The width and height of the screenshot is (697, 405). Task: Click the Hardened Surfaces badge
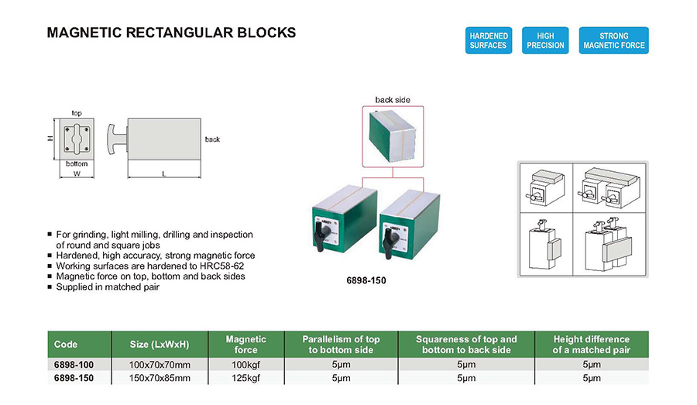488,40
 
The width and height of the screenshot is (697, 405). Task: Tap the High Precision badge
546,40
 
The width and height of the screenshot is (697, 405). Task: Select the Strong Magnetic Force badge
613,40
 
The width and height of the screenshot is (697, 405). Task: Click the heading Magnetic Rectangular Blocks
171,33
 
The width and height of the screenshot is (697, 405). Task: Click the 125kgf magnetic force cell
245,378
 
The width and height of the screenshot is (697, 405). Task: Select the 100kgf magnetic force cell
245,364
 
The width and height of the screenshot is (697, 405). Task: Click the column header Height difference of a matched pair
591,345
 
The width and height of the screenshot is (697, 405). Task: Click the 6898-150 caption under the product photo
366,280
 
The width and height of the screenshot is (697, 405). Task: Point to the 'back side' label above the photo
393,100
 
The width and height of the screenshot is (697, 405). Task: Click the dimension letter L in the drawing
164,174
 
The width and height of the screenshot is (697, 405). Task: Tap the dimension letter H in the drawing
50,139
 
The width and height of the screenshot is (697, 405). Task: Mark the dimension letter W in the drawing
77,174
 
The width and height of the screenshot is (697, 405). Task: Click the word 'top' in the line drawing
77,113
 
